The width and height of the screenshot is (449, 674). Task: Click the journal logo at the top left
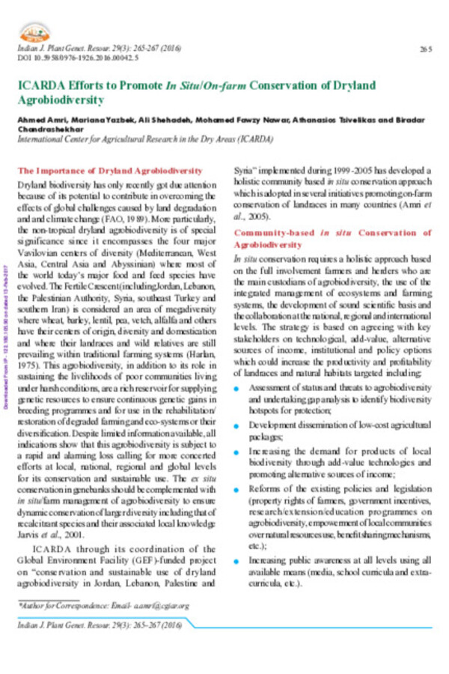coord(34,32)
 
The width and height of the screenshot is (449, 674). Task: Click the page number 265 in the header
coord(427,49)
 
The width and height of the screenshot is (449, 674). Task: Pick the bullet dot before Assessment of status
coord(236,387)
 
